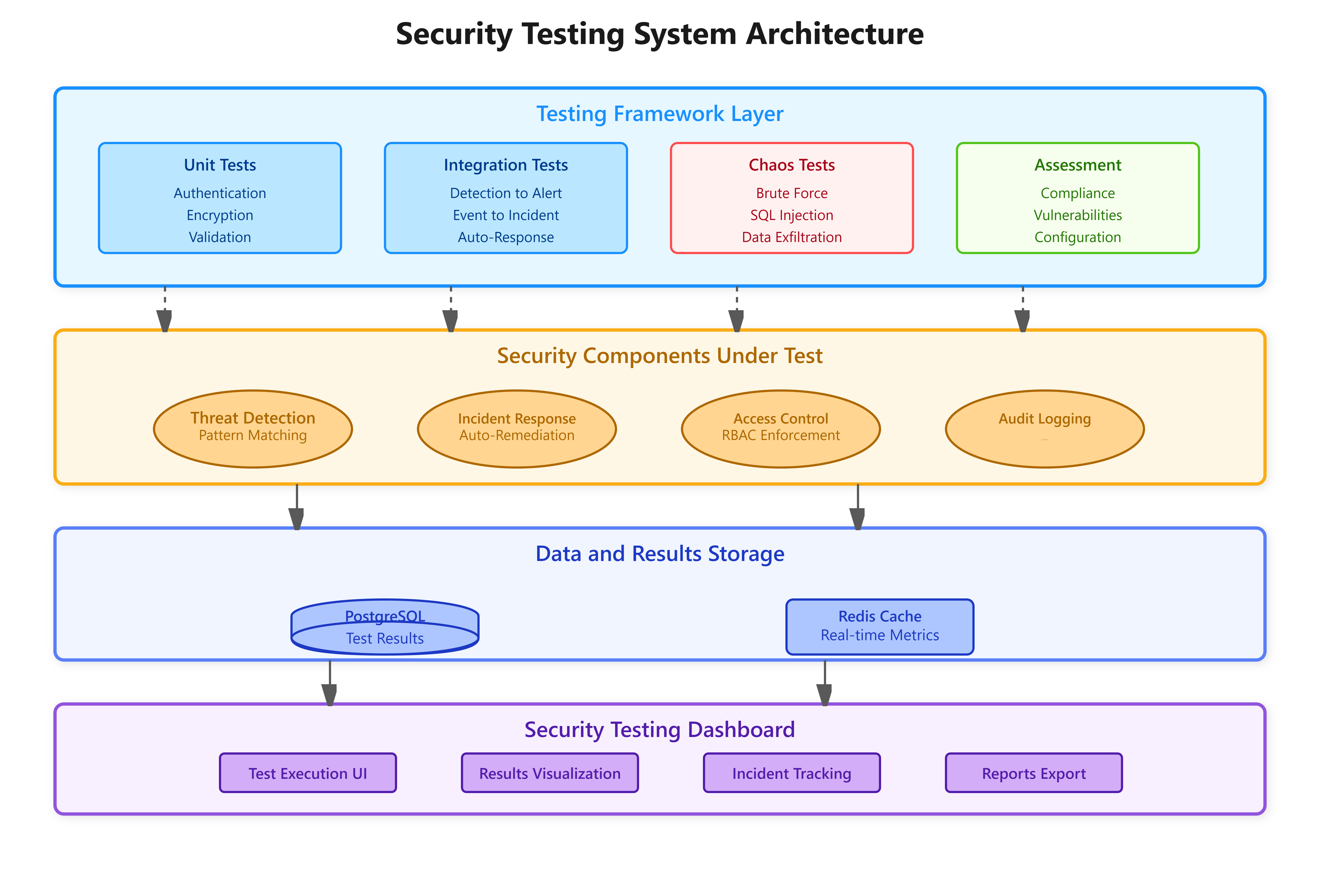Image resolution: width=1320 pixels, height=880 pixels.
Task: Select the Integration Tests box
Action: [x=506, y=198]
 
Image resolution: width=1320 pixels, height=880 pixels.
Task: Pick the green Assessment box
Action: [x=1078, y=198]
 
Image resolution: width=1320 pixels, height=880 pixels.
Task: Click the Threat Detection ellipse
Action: [x=253, y=429]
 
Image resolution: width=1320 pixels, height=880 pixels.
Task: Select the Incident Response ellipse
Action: [x=517, y=429]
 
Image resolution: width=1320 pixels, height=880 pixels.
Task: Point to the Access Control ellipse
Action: [x=781, y=429]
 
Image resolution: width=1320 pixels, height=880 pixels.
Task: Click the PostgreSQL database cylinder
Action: [x=385, y=627]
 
